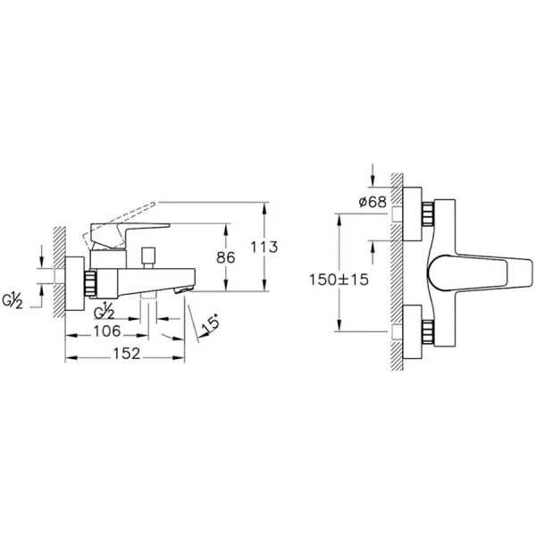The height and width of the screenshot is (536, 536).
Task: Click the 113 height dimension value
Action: coord(264,247)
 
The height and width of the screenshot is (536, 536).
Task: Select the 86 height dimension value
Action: coord(226,257)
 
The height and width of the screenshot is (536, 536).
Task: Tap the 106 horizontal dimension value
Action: coord(107,331)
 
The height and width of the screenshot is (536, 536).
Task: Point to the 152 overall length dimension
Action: coord(127,354)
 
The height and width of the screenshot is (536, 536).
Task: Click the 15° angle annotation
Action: coord(211,325)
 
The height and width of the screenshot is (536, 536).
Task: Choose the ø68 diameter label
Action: coord(373,202)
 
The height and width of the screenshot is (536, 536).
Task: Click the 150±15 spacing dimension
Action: coord(339,280)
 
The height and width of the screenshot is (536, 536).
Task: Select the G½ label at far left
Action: coord(13,301)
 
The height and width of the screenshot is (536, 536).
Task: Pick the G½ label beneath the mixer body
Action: coord(104,312)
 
